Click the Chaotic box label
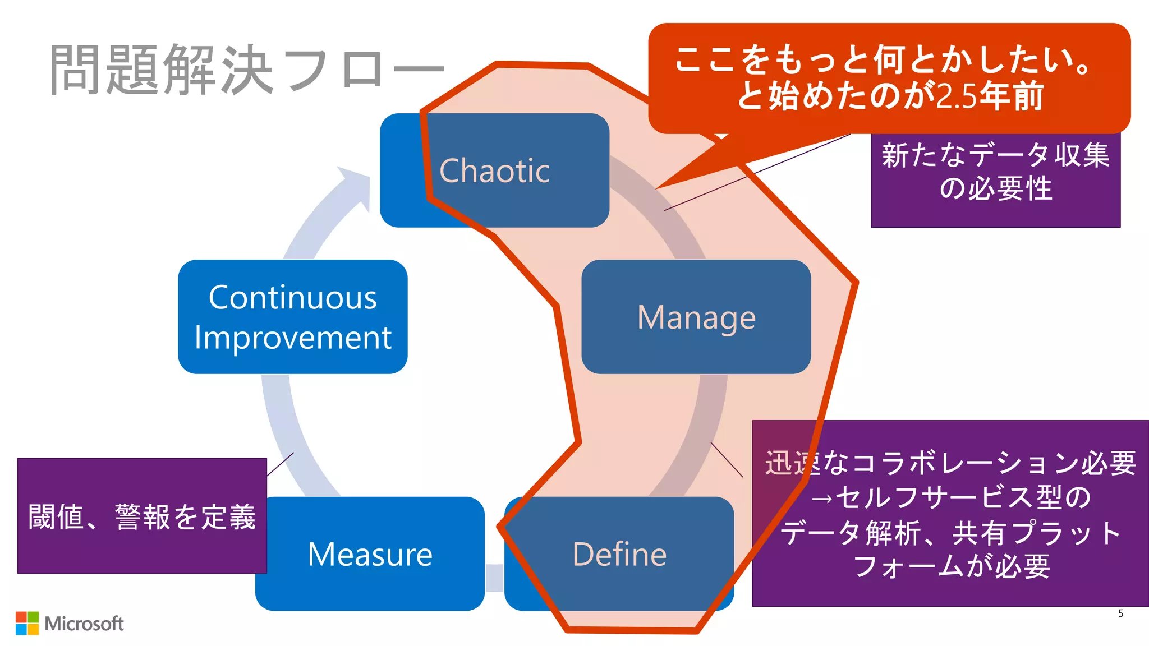(x=494, y=170)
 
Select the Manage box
(x=696, y=317)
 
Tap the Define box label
(x=619, y=554)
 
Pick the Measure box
(x=370, y=554)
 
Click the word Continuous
(x=292, y=297)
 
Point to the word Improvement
(x=292, y=338)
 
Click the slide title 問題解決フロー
(x=247, y=70)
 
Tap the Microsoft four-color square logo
(x=27, y=623)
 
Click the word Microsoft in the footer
(x=84, y=624)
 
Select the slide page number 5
(x=1120, y=613)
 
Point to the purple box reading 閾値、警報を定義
(x=142, y=516)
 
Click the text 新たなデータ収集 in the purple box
(x=995, y=155)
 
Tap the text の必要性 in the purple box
(x=995, y=188)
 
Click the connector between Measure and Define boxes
(x=494, y=578)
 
